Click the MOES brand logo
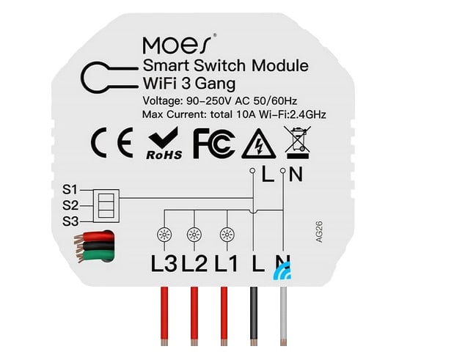177,45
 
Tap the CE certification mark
112,142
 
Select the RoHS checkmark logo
164,143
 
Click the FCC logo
214,144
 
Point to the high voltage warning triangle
259,144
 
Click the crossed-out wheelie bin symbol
298,143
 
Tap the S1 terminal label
70,189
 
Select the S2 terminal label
70,205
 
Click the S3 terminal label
70,221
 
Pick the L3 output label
164,263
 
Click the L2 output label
194,263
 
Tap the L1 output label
226,263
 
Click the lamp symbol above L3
164,235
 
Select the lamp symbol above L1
227,235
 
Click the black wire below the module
254,316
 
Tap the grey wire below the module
283,316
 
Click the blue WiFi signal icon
283,271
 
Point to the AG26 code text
319,232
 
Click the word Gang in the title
215,84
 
